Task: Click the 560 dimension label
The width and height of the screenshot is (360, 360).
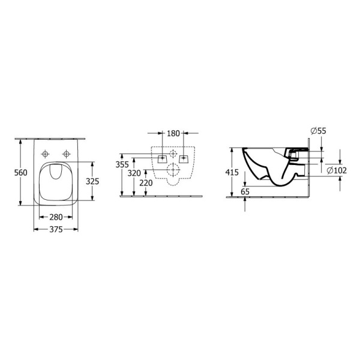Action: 20,173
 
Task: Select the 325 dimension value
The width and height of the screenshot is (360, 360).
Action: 92,181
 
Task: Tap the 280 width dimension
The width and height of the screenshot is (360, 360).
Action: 56,217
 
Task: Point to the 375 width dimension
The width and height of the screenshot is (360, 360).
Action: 56,229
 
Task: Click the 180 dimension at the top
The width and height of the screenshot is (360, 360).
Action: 173,133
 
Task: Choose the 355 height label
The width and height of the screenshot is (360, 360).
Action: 122,164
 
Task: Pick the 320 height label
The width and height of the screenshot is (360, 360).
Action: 134,173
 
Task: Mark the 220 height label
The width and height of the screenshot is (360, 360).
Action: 146,183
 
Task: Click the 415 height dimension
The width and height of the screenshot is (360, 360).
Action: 232,172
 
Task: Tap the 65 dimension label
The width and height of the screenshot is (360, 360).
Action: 245,191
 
